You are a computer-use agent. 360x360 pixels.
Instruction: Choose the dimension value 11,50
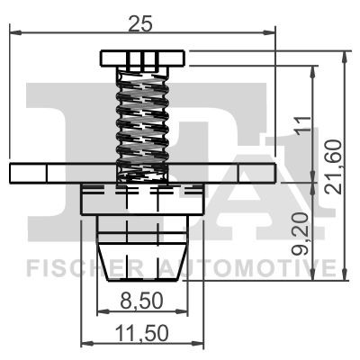coord(141,332)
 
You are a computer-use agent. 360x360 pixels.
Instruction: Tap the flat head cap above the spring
coord(142,59)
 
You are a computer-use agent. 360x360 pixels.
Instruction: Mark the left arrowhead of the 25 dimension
coord(13,33)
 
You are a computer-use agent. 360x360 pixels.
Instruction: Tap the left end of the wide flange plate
coord(14,173)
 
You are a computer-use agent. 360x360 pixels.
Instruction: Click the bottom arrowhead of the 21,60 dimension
coord(345,277)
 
